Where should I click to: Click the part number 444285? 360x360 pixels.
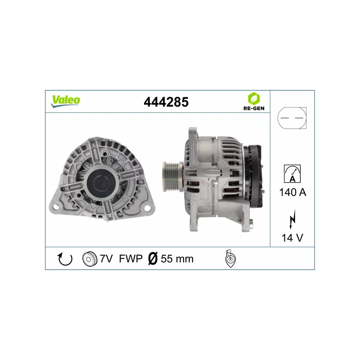pos(166,102)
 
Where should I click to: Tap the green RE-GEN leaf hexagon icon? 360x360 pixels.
pos(254,99)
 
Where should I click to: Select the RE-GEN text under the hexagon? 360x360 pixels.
pos(254,108)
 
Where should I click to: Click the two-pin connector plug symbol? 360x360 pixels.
pos(292,118)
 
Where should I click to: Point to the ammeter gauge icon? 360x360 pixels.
pos(292,174)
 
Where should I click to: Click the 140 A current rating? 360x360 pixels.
pos(292,192)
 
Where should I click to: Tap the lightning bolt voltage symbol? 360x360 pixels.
pos(292,219)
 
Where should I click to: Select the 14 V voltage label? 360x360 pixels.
pos(292,238)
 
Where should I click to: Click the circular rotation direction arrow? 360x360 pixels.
pos(65,259)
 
